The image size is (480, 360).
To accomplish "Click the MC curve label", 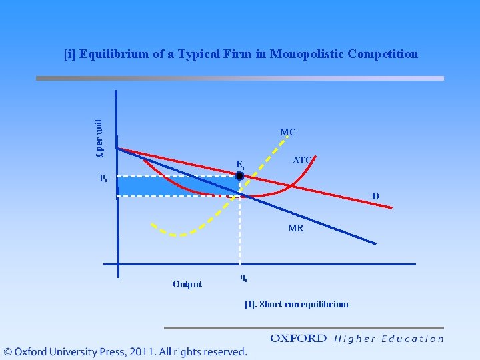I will (288, 133).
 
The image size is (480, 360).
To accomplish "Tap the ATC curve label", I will (302, 160).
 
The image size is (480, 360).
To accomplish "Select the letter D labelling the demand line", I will (376, 196).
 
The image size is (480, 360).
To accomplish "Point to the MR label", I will (296, 228).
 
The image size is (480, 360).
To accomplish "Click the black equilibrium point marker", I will (241, 176).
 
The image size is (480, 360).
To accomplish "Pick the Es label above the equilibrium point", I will (241, 164).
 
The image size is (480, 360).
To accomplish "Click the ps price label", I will (103, 177).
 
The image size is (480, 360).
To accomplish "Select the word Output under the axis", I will (187, 285).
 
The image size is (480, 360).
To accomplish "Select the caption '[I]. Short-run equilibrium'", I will (296, 305).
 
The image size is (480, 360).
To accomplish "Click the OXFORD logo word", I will (298, 338).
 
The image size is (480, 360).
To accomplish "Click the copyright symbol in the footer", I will (9, 351).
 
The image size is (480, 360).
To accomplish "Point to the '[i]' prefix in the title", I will (69, 54).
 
